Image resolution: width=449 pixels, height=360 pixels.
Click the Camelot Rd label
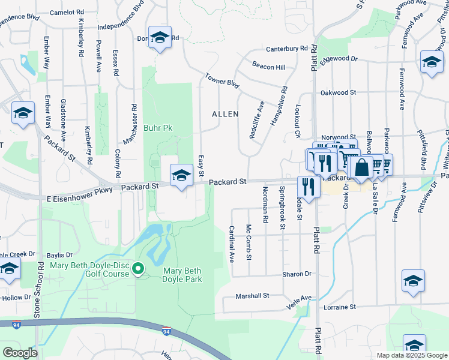(x=66, y=12)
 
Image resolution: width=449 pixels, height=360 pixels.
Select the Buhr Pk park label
(x=158, y=128)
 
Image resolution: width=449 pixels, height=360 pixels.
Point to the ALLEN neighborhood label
(x=225, y=114)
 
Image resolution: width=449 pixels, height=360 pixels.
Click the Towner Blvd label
(x=222, y=81)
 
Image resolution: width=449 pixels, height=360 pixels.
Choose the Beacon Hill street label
(x=268, y=68)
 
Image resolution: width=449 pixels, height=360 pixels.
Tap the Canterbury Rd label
(x=286, y=49)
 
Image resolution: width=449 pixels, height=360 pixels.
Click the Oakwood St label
(x=339, y=93)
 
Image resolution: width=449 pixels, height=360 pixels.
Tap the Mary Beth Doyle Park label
(x=182, y=275)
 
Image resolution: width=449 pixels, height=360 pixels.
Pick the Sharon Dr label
(x=298, y=274)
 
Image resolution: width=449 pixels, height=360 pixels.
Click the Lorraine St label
(x=336, y=307)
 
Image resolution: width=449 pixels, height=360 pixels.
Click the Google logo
(x=20, y=353)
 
